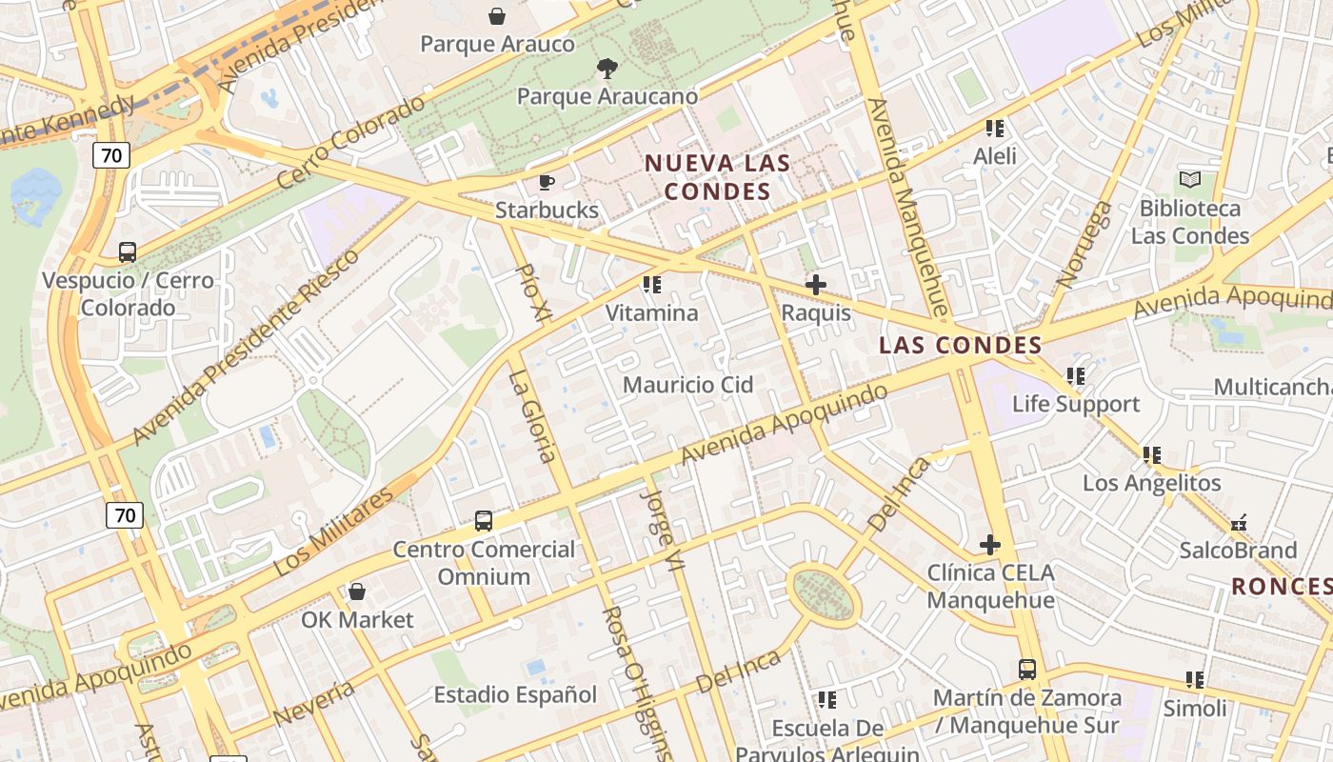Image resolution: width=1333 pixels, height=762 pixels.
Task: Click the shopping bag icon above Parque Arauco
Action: pos(497,16)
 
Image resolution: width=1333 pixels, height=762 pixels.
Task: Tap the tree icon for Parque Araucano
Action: pos(606,68)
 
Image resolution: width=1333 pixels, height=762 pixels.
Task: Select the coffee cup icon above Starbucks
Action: pos(547,182)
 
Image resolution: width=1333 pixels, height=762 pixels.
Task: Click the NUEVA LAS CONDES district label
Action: pos(718,176)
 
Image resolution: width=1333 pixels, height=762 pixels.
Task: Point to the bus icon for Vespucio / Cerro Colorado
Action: pos(128,252)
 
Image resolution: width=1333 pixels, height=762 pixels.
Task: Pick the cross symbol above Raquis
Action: pos(816,285)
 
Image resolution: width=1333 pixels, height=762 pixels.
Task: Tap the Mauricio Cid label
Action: pos(687,385)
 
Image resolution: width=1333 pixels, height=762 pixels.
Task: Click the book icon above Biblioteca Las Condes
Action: pos(1190,179)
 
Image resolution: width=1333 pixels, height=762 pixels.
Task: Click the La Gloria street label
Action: pos(532,416)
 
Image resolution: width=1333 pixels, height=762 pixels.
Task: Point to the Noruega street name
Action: pos(1084,244)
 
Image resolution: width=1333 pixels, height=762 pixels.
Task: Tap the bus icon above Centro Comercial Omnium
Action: pos(484,521)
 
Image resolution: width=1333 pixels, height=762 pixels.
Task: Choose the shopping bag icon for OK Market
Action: pos(357,592)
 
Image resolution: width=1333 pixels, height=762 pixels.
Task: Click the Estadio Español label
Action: pos(515,694)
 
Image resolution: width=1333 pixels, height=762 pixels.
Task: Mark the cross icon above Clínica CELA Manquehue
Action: pos(990,545)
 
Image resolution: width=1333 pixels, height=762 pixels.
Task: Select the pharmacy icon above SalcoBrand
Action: pos(1238,523)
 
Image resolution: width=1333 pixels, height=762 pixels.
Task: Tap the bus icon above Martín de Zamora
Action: pos(1026,670)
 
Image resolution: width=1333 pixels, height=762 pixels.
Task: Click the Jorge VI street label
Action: pos(664,531)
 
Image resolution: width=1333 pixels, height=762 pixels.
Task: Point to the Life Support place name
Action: pos(1076,404)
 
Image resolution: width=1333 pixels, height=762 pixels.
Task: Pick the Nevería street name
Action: pos(314,703)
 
